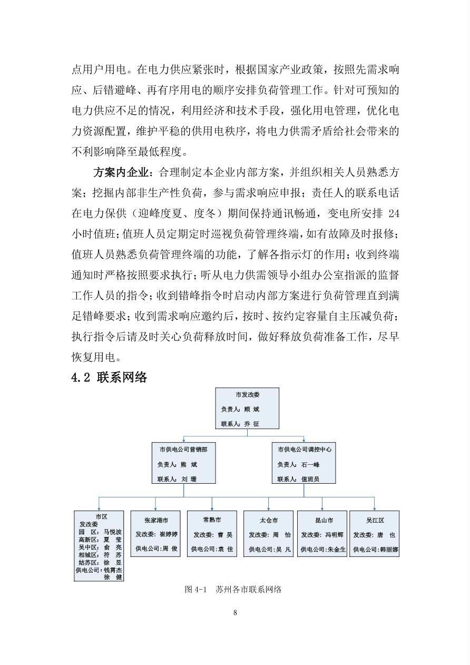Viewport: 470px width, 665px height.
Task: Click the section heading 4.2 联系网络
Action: (x=109, y=377)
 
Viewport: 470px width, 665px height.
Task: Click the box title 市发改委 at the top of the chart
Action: (x=247, y=395)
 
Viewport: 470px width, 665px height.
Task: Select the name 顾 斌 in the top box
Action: (x=251, y=409)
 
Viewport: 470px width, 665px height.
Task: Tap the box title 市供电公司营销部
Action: (x=183, y=449)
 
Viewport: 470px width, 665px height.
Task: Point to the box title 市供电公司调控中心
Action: (x=305, y=449)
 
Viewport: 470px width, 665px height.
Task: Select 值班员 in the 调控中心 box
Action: (x=309, y=479)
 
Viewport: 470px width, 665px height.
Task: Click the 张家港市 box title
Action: (x=155, y=520)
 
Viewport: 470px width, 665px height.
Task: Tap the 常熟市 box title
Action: (x=212, y=520)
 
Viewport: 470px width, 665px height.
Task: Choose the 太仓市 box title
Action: (x=268, y=520)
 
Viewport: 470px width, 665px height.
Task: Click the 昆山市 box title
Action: (x=322, y=520)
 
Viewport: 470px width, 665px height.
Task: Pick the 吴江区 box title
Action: (x=375, y=520)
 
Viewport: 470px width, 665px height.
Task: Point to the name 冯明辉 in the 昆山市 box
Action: (x=335, y=534)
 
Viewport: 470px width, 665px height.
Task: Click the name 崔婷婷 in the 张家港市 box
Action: (x=169, y=534)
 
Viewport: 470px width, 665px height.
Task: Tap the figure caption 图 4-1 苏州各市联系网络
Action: (x=233, y=589)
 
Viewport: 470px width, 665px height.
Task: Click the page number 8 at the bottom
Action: (x=234, y=612)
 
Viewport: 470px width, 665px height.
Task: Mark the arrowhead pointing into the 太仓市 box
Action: (x=268, y=508)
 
